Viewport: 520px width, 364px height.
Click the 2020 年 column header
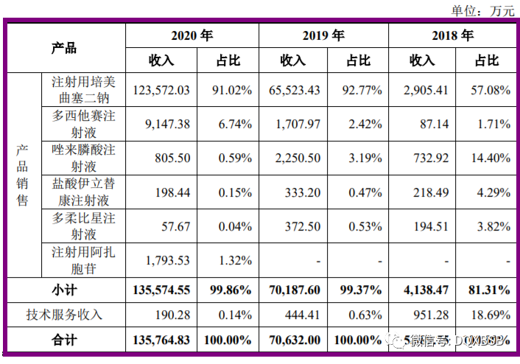[x=192, y=35]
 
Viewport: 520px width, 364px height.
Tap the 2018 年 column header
[x=452, y=35]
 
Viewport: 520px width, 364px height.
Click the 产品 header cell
[x=64, y=48]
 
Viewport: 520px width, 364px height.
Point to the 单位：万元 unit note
[x=482, y=10]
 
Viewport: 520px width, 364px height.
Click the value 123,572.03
[x=162, y=90]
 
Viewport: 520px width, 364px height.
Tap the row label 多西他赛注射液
[x=83, y=125]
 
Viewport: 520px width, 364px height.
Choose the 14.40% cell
[x=490, y=158]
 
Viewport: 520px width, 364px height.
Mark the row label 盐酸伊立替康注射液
[x=83, y=192]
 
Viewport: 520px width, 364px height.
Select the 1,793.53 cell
[x=168, y=260]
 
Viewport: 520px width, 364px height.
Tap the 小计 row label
[x=64, y=290]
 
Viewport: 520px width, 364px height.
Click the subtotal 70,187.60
[x=292, y=290]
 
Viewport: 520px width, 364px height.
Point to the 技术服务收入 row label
[x=64, y=315]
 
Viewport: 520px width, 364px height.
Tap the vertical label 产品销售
[x=23, y=175]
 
